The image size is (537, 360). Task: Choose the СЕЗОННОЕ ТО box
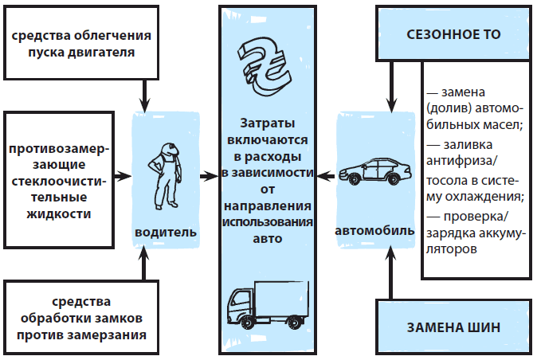(x=453, y=35)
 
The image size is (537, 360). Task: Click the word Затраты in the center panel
(x=266, y=124)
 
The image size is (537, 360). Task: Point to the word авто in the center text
(x=266, y=238)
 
